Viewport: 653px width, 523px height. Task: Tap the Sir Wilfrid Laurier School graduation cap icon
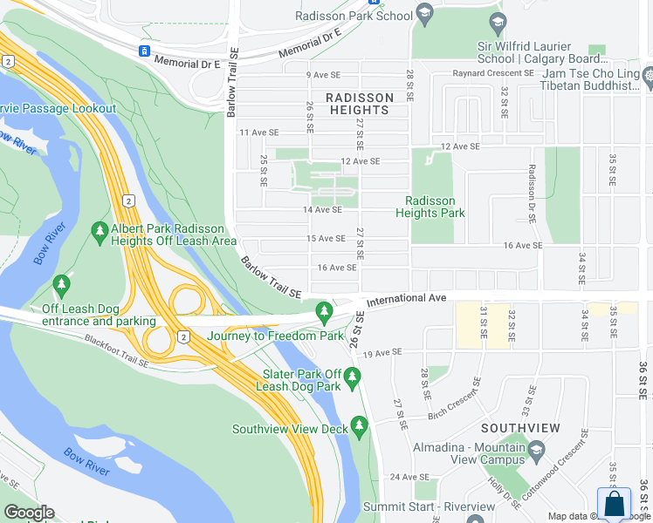coord(498,23)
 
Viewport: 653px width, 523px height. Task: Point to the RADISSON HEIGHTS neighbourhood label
coord(359,105)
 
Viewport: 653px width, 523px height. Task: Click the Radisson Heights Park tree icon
coord(430,159)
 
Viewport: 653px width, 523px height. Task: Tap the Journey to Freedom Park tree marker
coord(325,310)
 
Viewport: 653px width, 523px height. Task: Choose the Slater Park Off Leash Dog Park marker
coord(353,377)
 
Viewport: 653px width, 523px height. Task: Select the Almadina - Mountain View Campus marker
coord(536,452)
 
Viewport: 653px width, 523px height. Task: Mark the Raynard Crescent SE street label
coord(492,74)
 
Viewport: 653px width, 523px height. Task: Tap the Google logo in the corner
coord(29,513)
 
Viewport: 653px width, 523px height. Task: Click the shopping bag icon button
coord(614,504)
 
